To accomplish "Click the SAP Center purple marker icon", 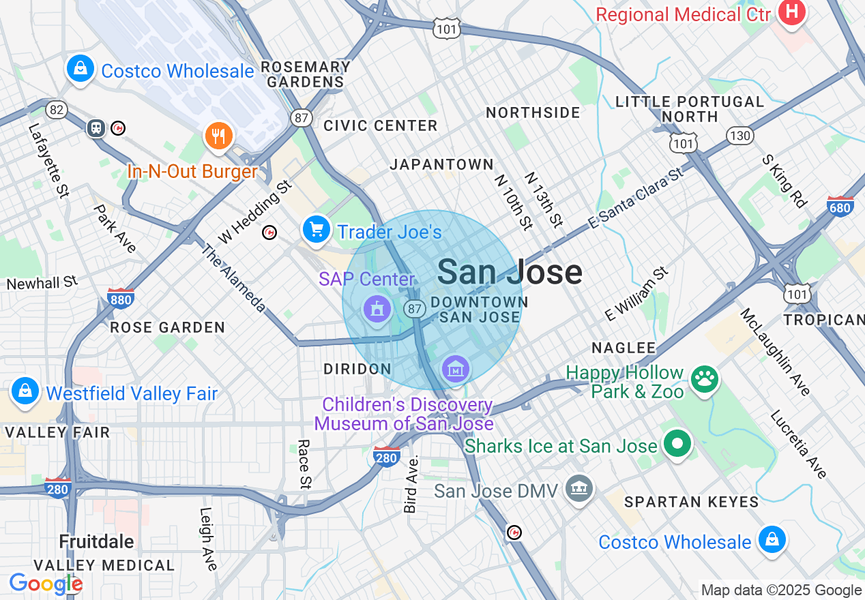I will (x=376, y=310).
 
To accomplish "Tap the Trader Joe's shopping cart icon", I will (x=316, y=229).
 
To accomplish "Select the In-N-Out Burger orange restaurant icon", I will (x=218, y=136).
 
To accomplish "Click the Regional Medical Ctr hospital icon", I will (x=791, y=12).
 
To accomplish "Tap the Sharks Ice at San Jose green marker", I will (x=677, y=444).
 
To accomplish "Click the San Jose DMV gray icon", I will (x=580, y=488).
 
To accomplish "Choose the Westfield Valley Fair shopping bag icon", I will (x=25, y=391).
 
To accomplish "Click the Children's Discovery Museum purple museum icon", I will (x=456, y=369).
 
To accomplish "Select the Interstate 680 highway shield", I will (x=839, y=206).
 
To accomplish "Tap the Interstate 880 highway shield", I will (x=120, y=298).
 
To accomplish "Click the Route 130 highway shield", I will (x=739, y=134).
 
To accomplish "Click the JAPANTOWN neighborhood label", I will (x=441, y=164).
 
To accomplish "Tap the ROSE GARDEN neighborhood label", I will (x=168, y=327).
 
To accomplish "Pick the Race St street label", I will (x=304, y=464).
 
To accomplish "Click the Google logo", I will (x=45, y=584).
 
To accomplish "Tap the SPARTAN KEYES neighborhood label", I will (x=691, y=502).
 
